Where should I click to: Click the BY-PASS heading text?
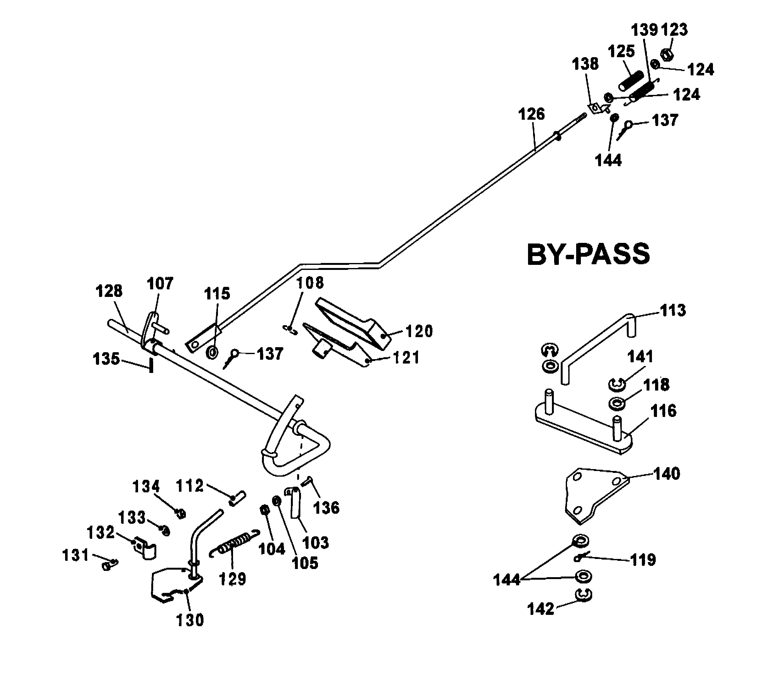tap(588, 254)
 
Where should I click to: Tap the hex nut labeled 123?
tap(666, 55)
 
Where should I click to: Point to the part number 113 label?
tap(673, 310)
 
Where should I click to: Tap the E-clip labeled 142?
tap(583, 595)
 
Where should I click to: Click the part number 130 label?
tap(190, 620)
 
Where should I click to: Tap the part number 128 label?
tap(109, 291)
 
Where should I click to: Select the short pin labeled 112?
tap(238, 498)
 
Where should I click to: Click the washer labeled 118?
tap(616, 404)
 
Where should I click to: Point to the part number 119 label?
tap(643, 560)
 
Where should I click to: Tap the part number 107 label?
tap(160, 283)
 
